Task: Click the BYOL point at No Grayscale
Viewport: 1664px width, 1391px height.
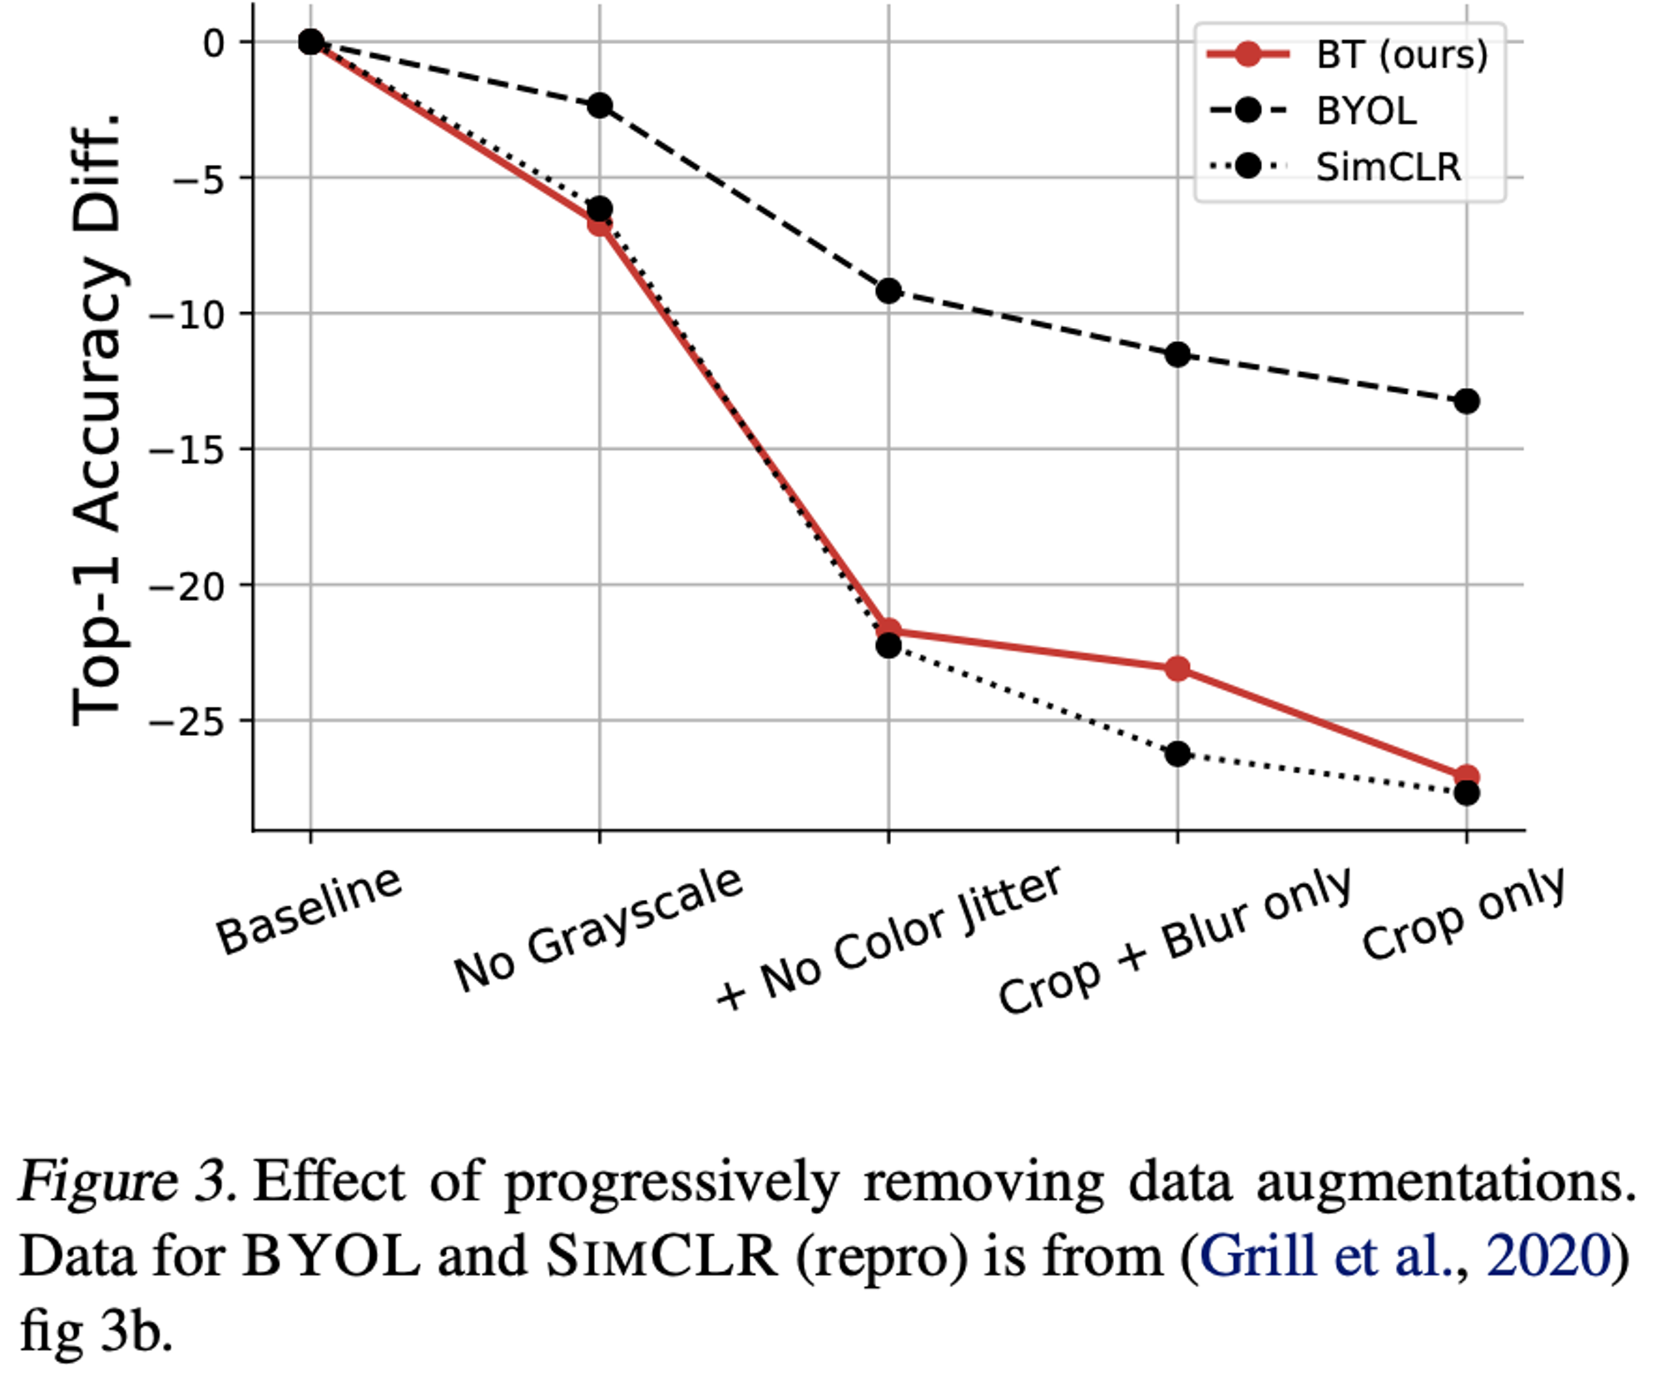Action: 599,106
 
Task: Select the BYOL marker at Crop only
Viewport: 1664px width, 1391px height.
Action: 1466,401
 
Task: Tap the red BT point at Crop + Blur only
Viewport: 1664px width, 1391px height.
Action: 1177,668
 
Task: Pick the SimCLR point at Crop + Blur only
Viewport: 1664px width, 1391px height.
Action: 1177,754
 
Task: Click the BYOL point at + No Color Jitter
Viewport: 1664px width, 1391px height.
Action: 889,291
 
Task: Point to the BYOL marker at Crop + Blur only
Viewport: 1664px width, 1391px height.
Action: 1177,355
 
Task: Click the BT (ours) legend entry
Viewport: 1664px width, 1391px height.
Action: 1401,55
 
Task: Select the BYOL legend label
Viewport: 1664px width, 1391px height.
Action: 1366,111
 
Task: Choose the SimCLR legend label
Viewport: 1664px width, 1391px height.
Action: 1388,167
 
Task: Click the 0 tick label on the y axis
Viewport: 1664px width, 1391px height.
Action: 214,42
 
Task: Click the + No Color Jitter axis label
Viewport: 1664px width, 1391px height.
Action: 888,938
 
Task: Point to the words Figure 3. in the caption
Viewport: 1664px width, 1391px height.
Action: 127,1180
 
